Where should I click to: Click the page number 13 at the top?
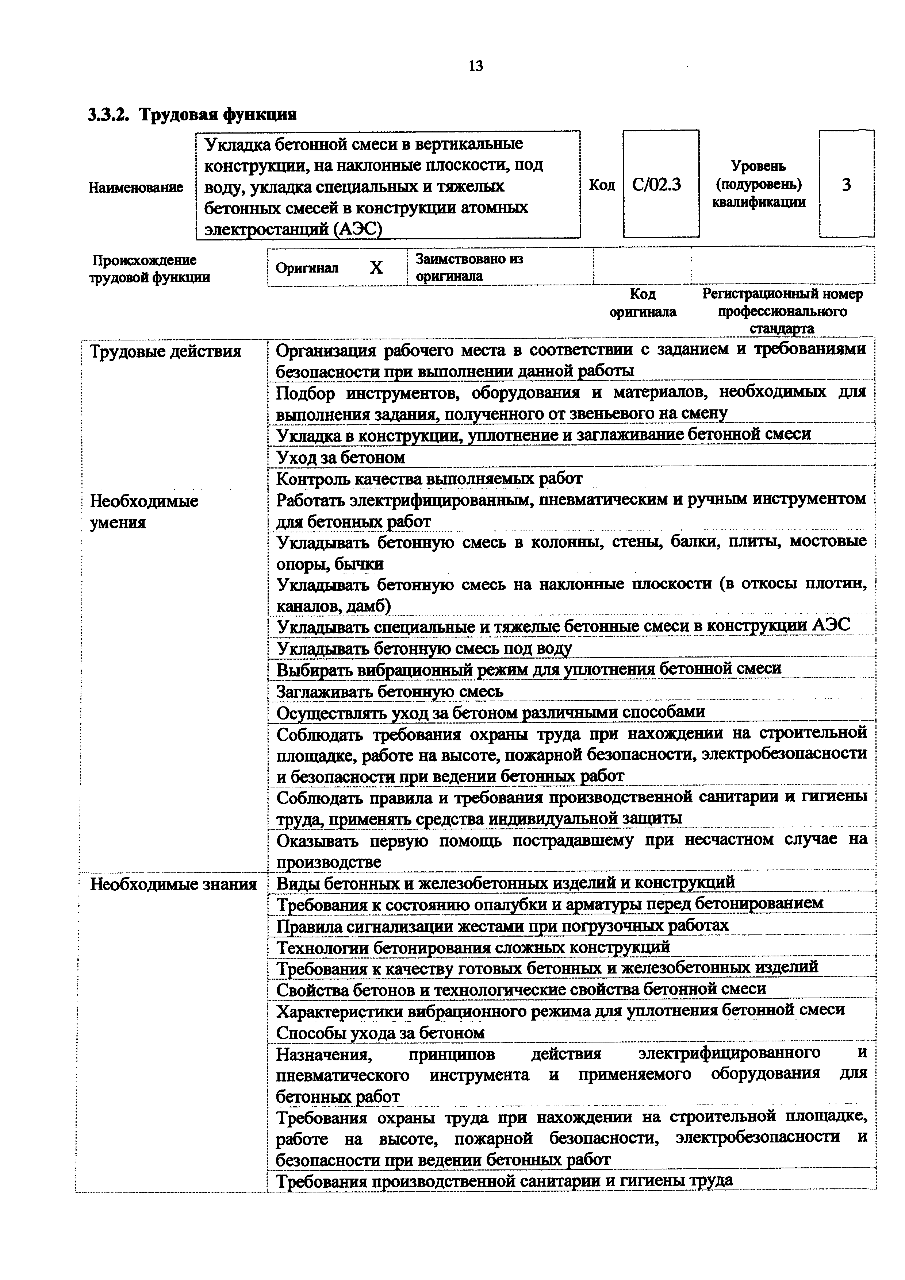(476, 66)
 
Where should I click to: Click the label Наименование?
(136, 187)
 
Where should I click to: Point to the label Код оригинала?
(643, 303)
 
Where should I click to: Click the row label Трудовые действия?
(166, 352)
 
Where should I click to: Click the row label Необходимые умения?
(145, 511)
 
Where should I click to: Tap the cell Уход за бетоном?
(341, 458)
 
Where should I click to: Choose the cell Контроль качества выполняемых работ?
(429, 478)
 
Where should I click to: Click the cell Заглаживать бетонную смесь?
(390, 692)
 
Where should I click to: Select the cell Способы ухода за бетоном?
(380, 1033)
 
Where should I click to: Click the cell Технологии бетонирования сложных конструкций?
(473, 947)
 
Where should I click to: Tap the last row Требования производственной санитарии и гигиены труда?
(505, 1181)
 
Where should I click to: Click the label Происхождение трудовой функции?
(149, 269)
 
